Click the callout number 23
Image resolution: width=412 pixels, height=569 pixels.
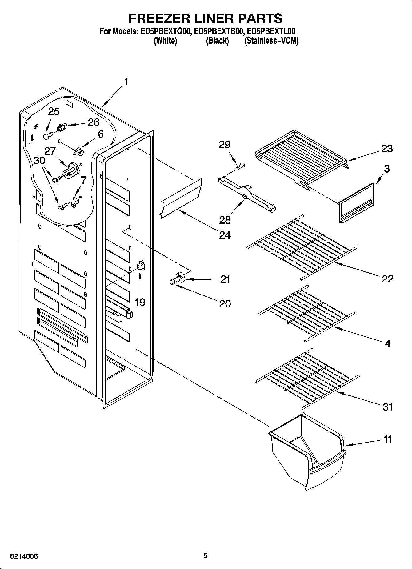[387, 149]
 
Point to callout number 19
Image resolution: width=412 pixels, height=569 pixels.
[140, 302]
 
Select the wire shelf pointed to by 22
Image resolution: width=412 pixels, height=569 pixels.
[302, 246]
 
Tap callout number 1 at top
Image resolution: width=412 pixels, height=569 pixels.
[126, 82]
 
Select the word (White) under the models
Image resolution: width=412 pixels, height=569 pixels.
[165, 41]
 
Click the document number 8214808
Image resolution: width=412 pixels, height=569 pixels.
[24, 556]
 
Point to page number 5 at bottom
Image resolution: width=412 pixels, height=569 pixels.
[205, 555]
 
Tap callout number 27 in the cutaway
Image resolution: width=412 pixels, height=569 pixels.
[50, 151]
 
